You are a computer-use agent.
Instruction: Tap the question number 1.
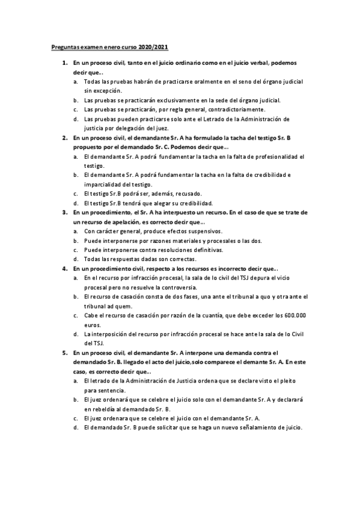64,63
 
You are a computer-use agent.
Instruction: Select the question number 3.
64,212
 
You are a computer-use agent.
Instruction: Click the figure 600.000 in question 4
294,315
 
